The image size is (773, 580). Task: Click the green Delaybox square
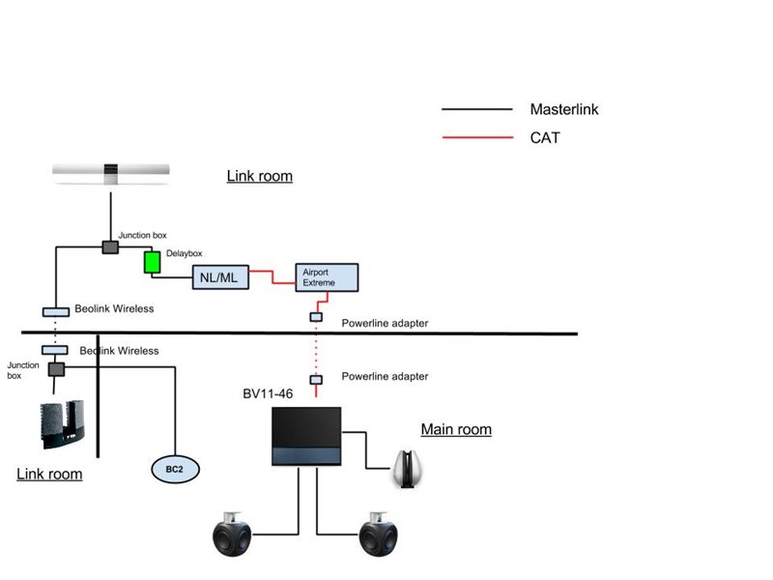click(x=151, y=263)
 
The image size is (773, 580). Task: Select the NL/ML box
click(x=221, y=278)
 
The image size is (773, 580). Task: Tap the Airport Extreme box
click(x=327, y=277)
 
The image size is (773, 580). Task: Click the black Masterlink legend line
click(x=476, y=110)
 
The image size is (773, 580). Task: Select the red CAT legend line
click(x=476, y=138)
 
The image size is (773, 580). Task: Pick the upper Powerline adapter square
click(x=315, y=317)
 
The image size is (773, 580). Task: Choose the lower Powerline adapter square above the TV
click(x=315, y=380)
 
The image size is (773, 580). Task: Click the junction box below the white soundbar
click(x=110, y=248)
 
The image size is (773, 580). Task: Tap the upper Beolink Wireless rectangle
click(x=56, y=311)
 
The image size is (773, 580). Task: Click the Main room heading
click(x=456, y=429)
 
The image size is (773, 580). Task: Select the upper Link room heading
click(x=259, y=176)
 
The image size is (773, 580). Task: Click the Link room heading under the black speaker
click(x=49, y=474)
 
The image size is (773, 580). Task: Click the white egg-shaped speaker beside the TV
click(x=409, y=470)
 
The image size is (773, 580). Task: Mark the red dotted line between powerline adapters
click(x=315, y=348)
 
